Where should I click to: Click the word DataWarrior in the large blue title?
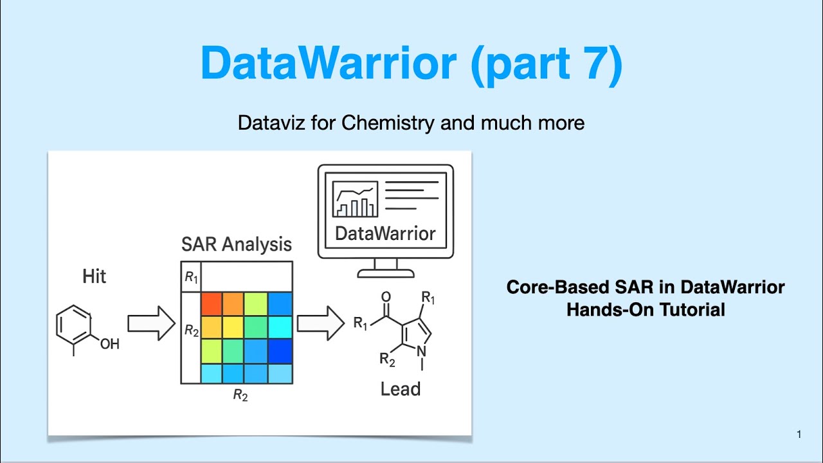click(x=329, y=62)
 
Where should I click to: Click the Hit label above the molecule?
click(x=94, y=277)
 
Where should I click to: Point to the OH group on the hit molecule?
click(x=109, y=344)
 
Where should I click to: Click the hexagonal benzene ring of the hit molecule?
click(x=74, y=325)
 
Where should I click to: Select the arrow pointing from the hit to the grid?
click(x=151, y=323)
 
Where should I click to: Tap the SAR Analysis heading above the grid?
click(x=236, y=244)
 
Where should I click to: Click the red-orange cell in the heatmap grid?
click(x=212, y=304)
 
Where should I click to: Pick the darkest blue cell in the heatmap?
click(x=280, y=350)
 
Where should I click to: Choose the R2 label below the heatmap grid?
click(x=240, y=395)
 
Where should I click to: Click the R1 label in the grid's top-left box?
click(x=191, y=277)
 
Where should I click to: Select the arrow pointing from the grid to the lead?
click(x=321, y=323)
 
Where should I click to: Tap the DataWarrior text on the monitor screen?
click(x=385, y=233)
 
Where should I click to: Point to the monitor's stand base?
click(x=385, y=273)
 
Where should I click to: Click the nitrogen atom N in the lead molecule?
click(x=422, y=351)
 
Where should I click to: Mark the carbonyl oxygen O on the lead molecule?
click(x=386, y=296)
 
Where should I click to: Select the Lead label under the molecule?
click(x=400, y=389)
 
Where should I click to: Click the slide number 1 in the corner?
click(x=799, y=435)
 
